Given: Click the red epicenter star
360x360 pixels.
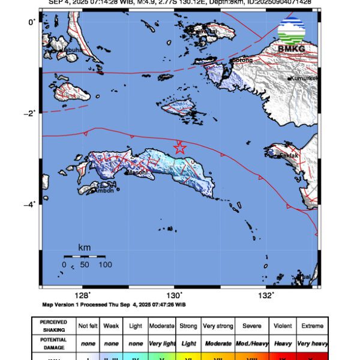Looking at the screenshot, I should (179, 148).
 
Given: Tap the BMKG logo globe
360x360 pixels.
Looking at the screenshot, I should (292, 30).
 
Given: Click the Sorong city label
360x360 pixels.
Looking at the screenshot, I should (242, 61).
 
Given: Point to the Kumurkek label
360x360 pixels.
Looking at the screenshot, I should (303, 79).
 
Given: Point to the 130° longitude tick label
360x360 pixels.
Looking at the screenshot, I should (174, 295).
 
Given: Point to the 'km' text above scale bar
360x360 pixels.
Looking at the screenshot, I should (85, 247).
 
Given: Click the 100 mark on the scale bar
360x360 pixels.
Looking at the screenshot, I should (105, 264).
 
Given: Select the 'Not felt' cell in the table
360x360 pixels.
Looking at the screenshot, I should (88, 326).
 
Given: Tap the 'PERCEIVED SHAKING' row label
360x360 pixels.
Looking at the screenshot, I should (54, 326).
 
